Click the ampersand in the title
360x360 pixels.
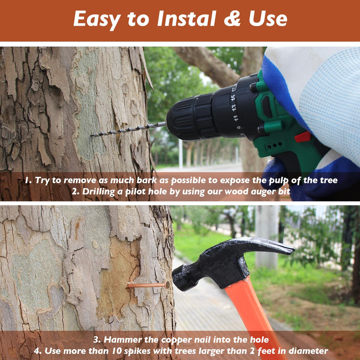coord(232,18)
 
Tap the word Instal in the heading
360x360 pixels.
coord(187,18)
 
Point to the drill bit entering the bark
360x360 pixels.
coord(128,130)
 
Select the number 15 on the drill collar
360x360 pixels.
coord(233,98)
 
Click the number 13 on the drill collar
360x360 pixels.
coord(234,108)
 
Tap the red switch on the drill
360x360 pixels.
coord(302,137)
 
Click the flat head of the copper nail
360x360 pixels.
coord(167,285)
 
